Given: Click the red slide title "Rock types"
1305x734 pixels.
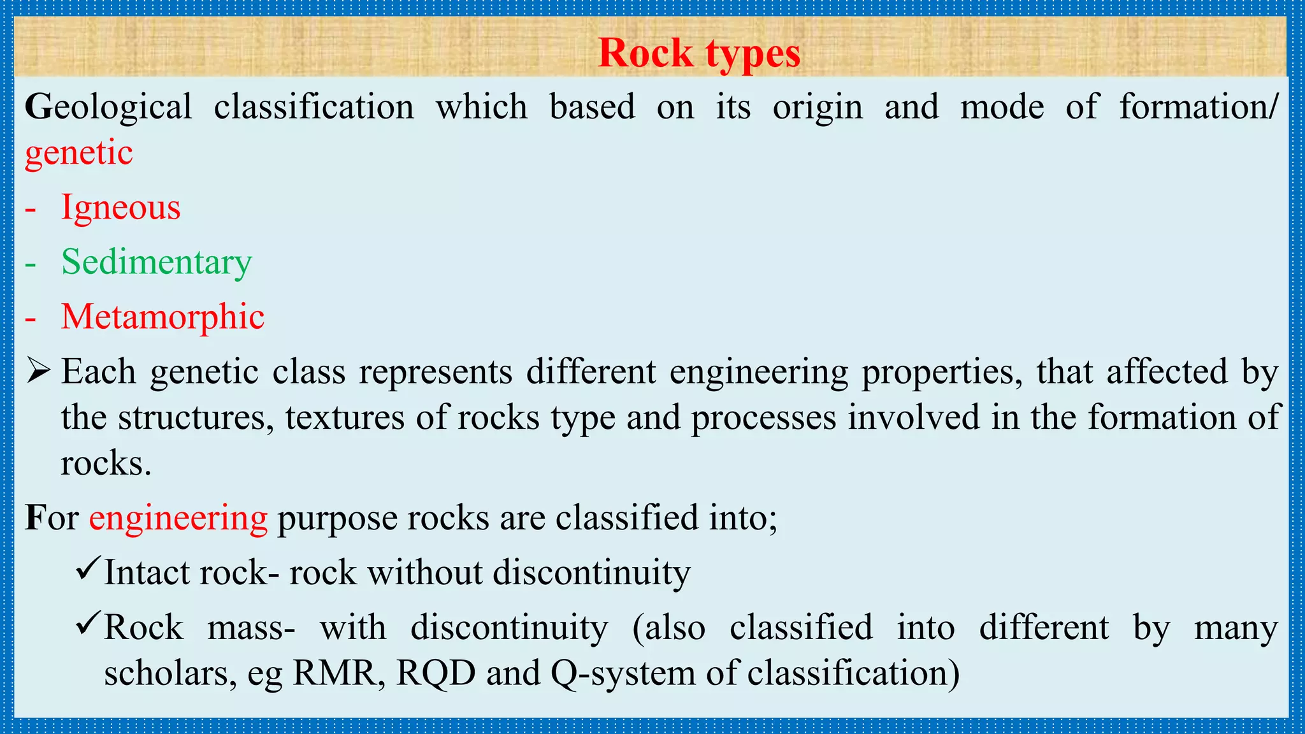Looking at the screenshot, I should coord(699,53).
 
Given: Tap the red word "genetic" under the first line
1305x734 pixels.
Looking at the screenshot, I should coord(79,153).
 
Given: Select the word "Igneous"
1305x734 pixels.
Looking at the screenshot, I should coord(120,208).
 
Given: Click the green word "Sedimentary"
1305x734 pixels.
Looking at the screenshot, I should coord(157,263).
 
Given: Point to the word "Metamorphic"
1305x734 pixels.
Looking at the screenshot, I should coord(162,317).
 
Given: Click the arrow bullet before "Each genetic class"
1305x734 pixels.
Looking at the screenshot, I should coord(38,371).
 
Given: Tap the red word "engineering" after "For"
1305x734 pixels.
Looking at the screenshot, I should coord(178,517).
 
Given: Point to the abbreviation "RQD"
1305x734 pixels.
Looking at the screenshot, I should coord(436,673).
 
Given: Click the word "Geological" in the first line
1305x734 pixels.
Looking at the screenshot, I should coord(108,107).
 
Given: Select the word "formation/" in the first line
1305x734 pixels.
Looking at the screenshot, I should coord(1199,107).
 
